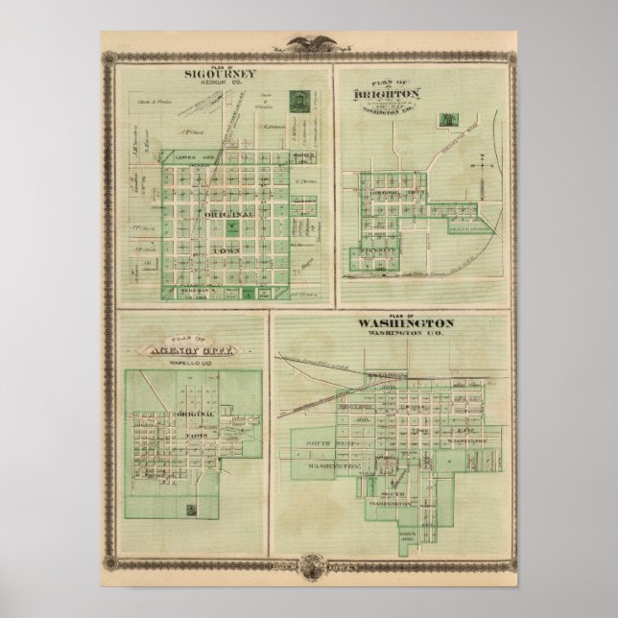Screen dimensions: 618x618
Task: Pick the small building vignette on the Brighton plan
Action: coord(445,120)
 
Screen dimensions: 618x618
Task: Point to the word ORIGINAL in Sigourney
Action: coord(224,215)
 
